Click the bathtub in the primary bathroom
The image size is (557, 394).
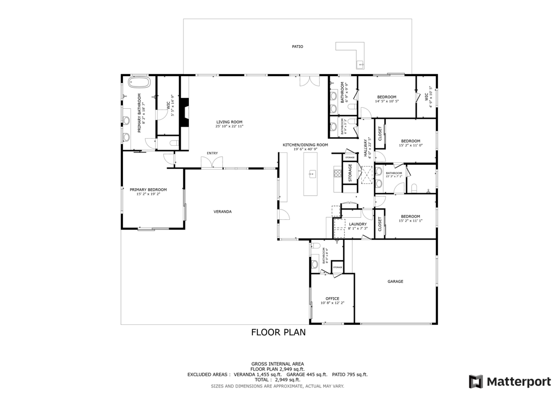pos(139,83)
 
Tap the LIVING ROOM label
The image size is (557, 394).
pos(229,122)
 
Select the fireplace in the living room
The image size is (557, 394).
pos(185,113)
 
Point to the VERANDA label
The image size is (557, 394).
pos(222,211)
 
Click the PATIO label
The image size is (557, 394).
pos(297,47)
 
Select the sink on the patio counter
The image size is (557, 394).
pos(360,65)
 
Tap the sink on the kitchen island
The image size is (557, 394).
pos(313,174)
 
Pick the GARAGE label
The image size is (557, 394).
pos(395,281)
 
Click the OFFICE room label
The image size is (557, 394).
pos(332,298)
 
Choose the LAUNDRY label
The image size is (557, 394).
pos(357,224)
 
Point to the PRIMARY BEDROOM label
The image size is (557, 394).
pos(148,189)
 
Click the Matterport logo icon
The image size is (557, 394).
pos(476,380)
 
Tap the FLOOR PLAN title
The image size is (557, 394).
pos(278,332)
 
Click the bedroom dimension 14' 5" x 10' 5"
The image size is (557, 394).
pos(387,101)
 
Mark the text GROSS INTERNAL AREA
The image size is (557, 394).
pos(277,364)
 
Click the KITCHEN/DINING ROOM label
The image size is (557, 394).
pos(305,145)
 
